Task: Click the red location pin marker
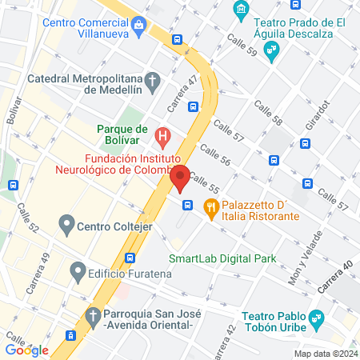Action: click(180, 178)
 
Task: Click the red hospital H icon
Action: click(163, 136)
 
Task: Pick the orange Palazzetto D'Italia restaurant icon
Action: click(211, 206)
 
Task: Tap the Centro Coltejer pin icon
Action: click(66, 224)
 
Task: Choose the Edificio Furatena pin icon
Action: click(78, 273)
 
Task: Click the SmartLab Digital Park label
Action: click(222, 258)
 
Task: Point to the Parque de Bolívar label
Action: click(122, 130)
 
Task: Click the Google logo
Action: click(26, 350)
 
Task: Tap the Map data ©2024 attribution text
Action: click(325, 353)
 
